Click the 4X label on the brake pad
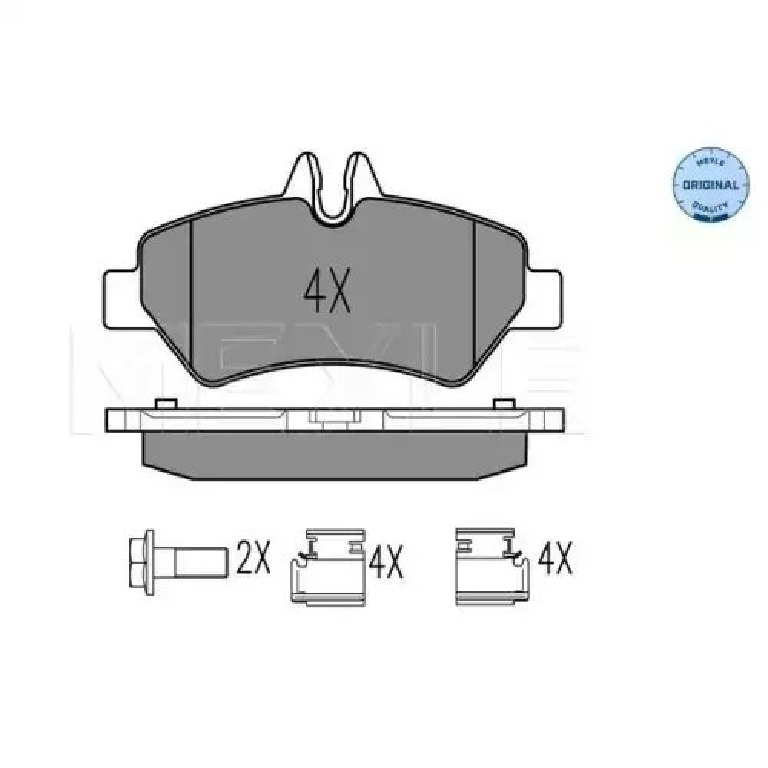pos(326,293)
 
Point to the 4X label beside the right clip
pos(555,559)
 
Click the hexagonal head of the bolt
pos(141,563)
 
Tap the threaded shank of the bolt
pos(200,562)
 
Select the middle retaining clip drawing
pos(328,567)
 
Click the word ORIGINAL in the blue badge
pos(710,185)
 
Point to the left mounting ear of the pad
pos(119,300)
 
